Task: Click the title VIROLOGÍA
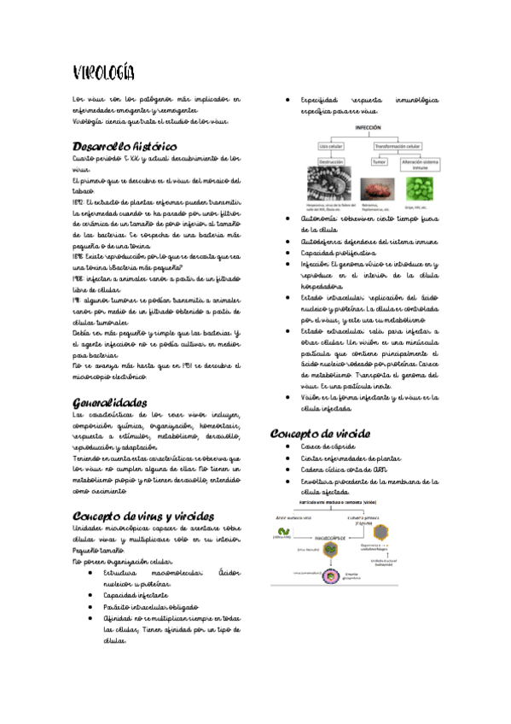click(103, 71)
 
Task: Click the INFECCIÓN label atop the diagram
click(367, 126)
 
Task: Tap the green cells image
click(421, 187)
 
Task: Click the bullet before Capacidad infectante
click(90, 595)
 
